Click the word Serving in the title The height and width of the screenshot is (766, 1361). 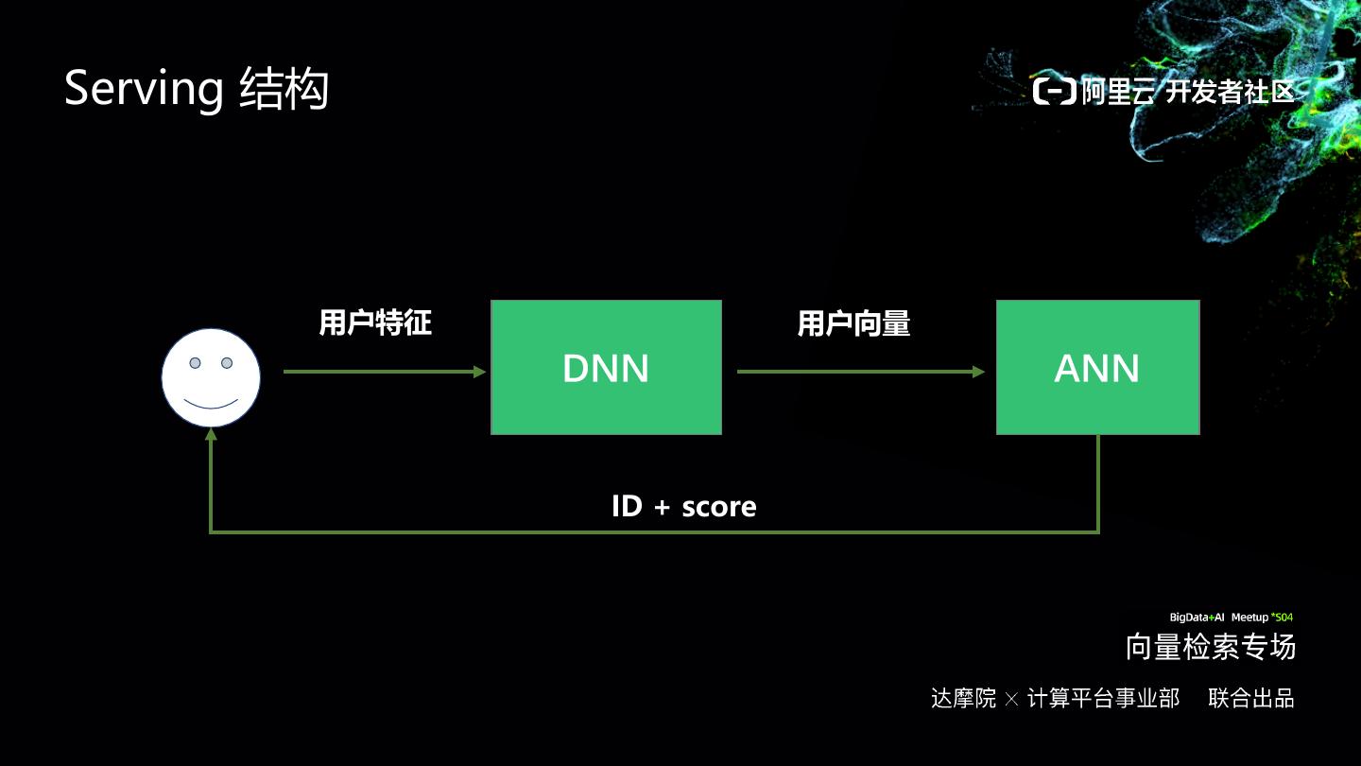[x=143, y=90]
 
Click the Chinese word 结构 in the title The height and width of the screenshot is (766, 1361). [x=284, y=90]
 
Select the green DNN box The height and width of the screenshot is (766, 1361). [x=606, y=368]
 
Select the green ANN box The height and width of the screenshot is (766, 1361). [x=1097, y=368]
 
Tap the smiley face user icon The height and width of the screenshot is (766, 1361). [x=211, y=378]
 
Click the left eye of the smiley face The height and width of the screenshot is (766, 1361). [x=196, y=363]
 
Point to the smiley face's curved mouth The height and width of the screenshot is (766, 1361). [x=211, y=404]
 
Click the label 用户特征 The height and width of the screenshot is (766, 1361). [x=375, y=323]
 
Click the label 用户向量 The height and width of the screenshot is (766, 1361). [x=853, y=324]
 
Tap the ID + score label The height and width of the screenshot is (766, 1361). [x=683, y=507]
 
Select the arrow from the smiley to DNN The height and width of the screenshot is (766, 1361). [x=383, y=372]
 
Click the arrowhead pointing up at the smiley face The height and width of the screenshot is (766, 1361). [x=211, y=435]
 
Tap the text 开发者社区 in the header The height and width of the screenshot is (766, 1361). [x=1230, y=92]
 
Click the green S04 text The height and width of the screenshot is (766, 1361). [x=1283, y=618]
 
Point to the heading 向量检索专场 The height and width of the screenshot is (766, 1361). [x=1211, y=648]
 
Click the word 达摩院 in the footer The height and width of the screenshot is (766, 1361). [x=963, y=699]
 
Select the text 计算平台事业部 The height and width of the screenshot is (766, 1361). [x=1103, y=699]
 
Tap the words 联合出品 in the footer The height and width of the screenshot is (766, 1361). [x=1251, y=699]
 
